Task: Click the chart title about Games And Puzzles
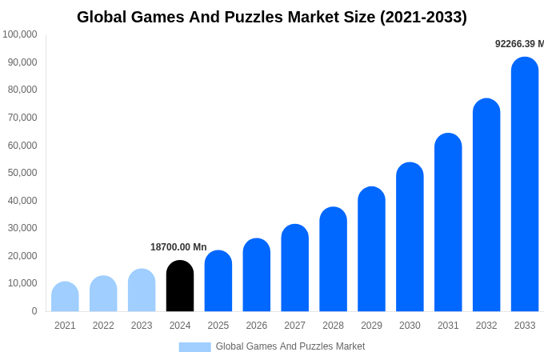point(272,17)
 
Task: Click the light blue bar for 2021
point(65,297)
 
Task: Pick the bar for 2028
point(333,259)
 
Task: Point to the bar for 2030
point(410,237)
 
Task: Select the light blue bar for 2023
point(142,290)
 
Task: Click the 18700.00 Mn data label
point(178,247)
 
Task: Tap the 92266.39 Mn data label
point(519,44)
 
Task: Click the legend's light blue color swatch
point(194,347)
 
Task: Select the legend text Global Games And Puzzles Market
point(290,346)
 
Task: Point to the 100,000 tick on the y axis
point(20,34)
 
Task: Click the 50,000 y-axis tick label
point(22,173)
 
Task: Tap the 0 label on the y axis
point(34,311)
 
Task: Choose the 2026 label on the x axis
point(257,326)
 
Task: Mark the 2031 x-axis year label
point(448,326)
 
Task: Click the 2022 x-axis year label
point(103,326)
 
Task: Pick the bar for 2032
point(486,205)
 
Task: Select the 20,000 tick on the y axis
point(22,256)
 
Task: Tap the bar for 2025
point(218,281)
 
